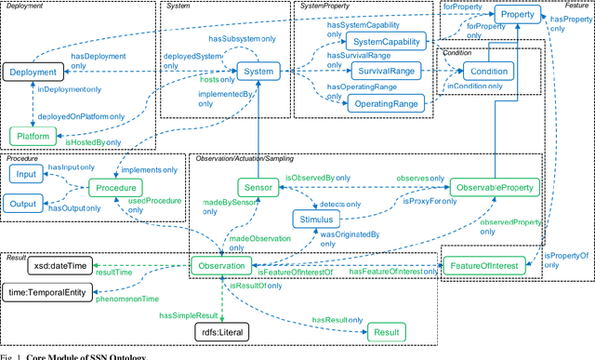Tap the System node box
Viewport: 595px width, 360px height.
256,72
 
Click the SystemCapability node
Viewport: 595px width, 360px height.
386,42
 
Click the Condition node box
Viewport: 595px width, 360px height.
486,72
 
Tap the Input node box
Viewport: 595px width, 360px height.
27,175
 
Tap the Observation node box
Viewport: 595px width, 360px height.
219,266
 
